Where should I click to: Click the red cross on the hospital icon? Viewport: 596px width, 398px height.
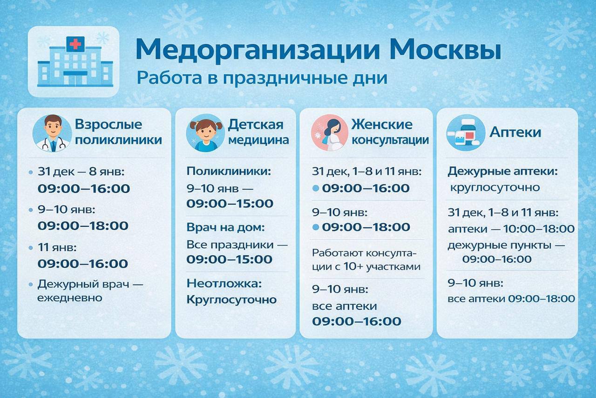(x=75, y=44)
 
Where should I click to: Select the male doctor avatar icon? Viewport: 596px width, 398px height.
(x=52, y=133)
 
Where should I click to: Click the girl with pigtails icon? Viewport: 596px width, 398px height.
(x=205, y=133)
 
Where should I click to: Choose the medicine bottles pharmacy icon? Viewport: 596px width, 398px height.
(x=466, y=133)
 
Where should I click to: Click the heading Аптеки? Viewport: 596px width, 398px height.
(x=515, y=132)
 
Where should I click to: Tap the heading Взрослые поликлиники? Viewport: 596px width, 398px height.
(x=118, y=132)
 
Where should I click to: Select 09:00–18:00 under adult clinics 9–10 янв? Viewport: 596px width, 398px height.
(x=83, y=226)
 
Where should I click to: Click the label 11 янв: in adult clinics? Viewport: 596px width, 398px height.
(x=57, y=247)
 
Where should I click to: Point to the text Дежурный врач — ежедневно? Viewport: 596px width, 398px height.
(x=90, y=291)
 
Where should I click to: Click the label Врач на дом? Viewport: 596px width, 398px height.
(x=226, y=227)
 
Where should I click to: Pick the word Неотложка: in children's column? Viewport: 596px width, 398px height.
(x=224, y=283)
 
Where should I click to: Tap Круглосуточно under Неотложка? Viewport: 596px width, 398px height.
(x=231, y=300)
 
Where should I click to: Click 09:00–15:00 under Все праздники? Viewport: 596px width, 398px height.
(x=230, y=259)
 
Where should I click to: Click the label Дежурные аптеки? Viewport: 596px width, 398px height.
(x=502, y=172)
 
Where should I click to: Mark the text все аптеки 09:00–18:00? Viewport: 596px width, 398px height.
(x=511, y=299)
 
